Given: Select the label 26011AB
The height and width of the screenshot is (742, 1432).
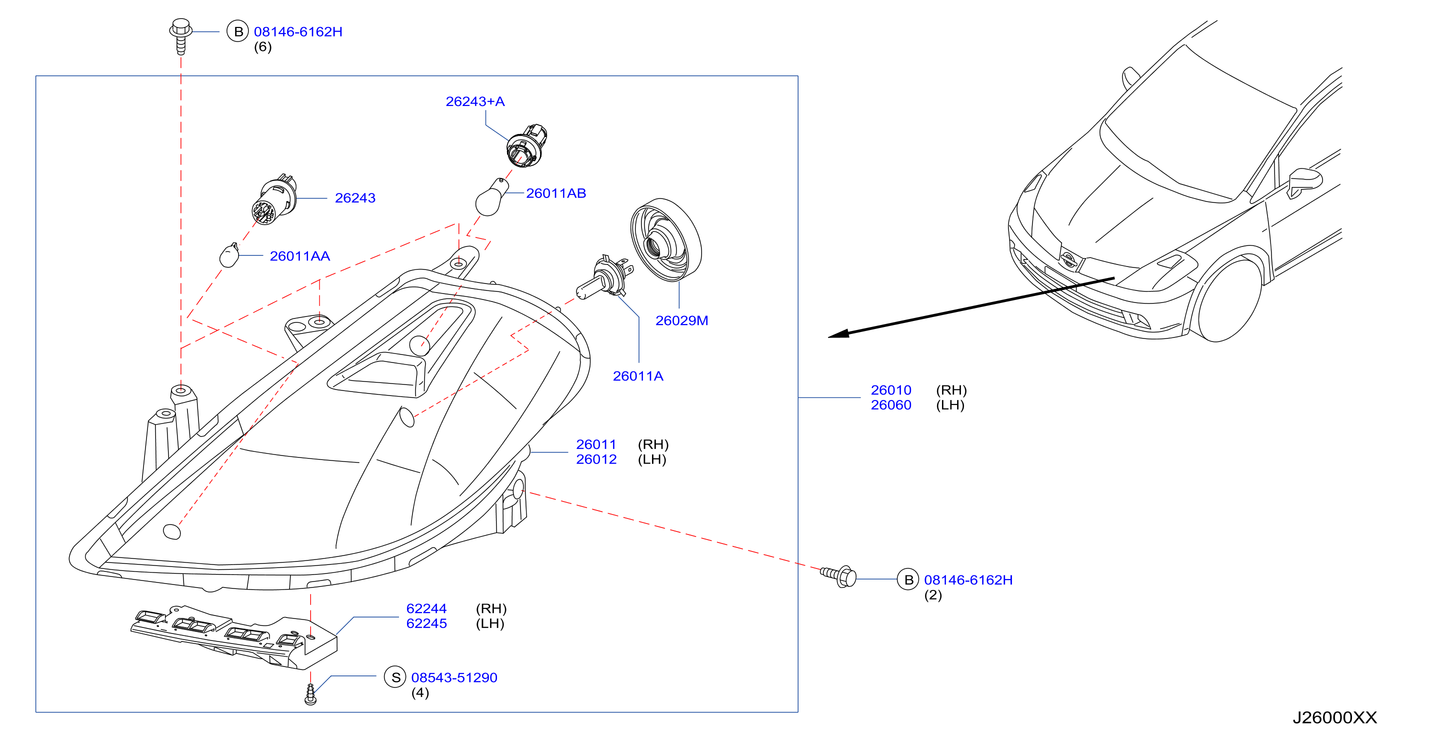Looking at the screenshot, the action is [555, 193].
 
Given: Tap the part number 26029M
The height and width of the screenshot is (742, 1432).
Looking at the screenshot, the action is [681, 320].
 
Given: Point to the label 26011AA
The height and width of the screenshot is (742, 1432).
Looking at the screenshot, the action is [299, 255].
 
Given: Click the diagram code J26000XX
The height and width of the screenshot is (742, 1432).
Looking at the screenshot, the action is [1334, 717].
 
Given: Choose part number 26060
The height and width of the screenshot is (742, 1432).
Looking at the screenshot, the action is [890, 404].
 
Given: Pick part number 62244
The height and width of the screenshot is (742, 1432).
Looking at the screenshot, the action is [426, 608].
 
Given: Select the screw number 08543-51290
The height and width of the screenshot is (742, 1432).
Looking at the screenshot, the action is [454, 677].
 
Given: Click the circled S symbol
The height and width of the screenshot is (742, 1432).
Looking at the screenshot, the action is [395, 677].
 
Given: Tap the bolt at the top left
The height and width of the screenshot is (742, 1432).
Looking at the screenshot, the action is [180, 35].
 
